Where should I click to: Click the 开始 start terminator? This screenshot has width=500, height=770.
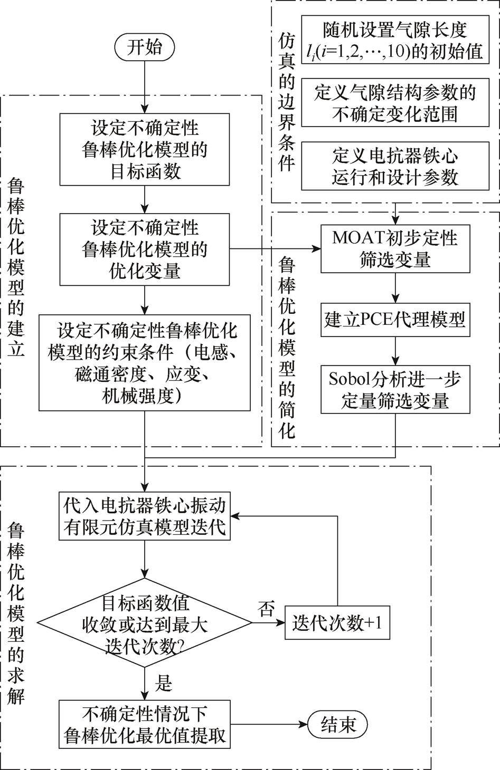click(x=144, y=48)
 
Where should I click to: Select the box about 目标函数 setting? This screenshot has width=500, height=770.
click(x=144, y=150)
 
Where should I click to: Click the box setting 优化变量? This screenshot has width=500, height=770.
click(x=144, y=249)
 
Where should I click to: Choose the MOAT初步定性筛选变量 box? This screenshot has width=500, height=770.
click(x=395, y=249)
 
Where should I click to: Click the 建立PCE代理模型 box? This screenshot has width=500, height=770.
click(x=395, y=320)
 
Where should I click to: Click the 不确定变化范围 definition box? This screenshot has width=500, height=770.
click(x=395, y=103)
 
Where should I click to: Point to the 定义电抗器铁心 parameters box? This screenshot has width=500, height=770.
click(x=395, y=166)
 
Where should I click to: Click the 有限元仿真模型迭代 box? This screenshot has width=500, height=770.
click(x=144, y=516)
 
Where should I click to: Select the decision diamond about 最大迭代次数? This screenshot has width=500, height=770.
click(x=144, y=623)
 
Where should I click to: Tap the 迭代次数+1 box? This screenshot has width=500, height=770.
click(x=337, y=623)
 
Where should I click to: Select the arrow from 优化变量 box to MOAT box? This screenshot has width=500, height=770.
click(x=275, y=249)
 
